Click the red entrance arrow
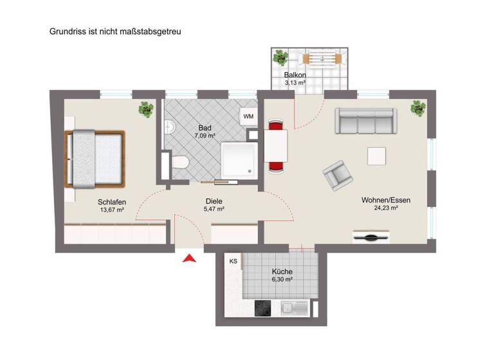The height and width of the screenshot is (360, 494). tap(189, 258)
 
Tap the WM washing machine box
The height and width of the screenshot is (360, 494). tap(248, 116)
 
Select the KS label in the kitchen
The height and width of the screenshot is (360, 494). tap(233, 262)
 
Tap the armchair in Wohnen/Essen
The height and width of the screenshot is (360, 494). tap(337, 175)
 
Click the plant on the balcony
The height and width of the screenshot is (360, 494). tap(280, 59)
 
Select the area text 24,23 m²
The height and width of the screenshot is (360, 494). tap(386, 208)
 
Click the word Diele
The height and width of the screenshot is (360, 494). tap(214, 200)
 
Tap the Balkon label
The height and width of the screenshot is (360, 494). tap(295, 75)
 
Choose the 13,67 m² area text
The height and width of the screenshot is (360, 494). tap(113, 210)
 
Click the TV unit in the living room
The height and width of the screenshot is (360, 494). tap(372, 237)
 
